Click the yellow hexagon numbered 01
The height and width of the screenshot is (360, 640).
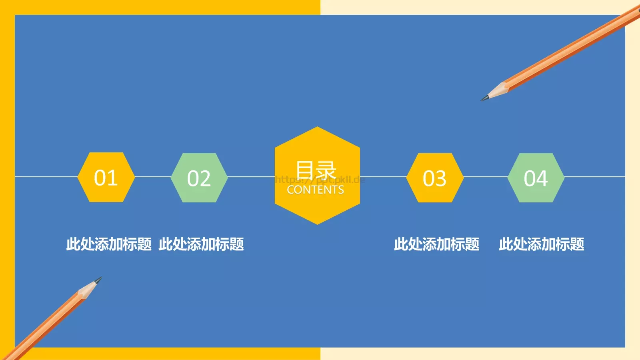pos(106,177)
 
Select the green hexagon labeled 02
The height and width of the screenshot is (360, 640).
pos(199,178)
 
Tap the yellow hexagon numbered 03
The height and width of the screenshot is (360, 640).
pos(435,178)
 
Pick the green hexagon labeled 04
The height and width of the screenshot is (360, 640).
pos(536,178)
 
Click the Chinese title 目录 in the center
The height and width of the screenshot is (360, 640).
pos(316,170)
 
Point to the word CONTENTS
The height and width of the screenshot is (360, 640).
pos(316,190)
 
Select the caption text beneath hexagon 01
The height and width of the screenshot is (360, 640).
pos(109,244)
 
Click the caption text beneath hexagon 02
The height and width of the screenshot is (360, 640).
pos(201,244)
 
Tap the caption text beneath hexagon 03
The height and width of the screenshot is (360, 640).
pos(436,244)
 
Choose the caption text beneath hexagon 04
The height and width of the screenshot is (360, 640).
pos(541,244)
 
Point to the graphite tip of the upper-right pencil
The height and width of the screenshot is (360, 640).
pos(484,98)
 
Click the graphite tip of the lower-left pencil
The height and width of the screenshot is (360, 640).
pos(99,279)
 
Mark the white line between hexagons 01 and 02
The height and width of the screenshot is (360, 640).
pos(153,176)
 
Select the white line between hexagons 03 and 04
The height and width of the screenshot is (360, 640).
pos(486,176)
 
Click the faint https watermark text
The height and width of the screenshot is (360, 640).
pos(320,180)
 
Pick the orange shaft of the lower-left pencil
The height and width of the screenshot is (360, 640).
pos(44,324)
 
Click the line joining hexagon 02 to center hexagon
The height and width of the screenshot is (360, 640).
pos(251,176)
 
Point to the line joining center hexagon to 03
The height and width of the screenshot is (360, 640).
pos(383,176)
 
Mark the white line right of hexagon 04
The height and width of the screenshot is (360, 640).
pos(595,176)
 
